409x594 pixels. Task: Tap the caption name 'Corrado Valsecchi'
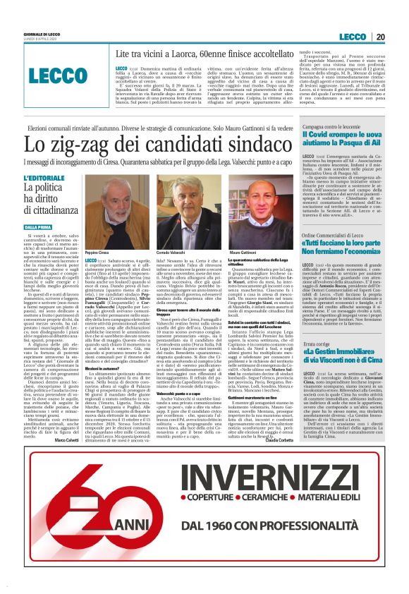[173, 252]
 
